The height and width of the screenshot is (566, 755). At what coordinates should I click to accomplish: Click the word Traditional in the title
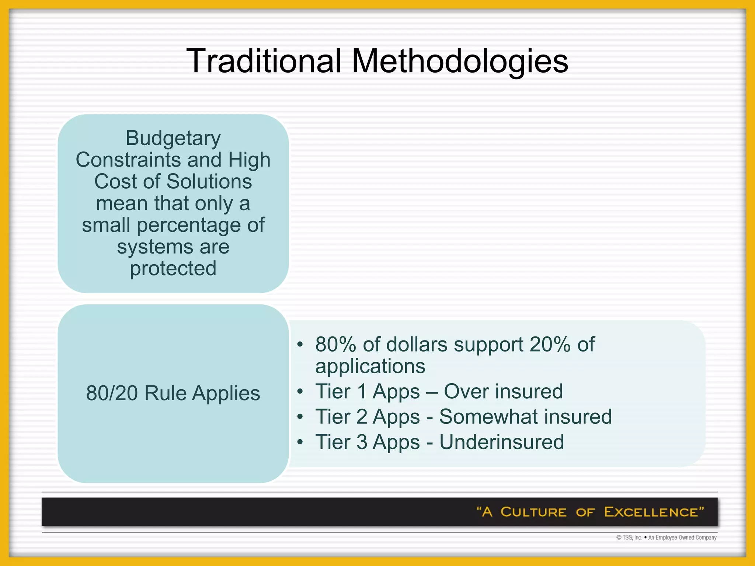click(x=264, y=61)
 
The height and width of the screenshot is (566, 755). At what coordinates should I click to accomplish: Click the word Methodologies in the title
click(x=460, y=61)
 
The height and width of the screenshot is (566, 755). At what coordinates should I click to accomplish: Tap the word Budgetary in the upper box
click(x=173, y=138)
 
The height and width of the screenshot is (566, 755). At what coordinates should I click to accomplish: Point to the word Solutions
click(x=209, y=182)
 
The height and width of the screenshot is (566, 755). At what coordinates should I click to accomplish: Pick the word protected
click(x=173, y=269)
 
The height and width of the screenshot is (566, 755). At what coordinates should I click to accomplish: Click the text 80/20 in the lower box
click(x=112, y=393)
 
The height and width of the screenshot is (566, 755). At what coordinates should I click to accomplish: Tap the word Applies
click(x=226, y=393)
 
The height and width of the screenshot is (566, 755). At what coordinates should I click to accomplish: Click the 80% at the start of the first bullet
click(x=335, y=345)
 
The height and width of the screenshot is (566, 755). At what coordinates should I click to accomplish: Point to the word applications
click(x=370, y=366)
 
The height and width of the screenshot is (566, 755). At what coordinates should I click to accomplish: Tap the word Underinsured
click(x=501, y=442)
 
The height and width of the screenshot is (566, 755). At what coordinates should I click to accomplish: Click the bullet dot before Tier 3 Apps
click(x=300, y=442)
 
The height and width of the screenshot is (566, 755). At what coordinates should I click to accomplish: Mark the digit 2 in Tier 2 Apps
click(x=362, y=417)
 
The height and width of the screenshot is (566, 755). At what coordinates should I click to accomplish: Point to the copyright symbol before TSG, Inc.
click(x=619, y=538)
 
